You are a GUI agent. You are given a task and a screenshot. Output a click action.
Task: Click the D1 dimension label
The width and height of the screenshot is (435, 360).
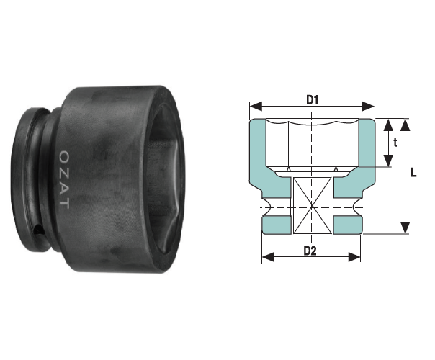point(312,100)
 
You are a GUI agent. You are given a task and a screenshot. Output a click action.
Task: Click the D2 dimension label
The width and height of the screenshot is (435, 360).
point(310,251)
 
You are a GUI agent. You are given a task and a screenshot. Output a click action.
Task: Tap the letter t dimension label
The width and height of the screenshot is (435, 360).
point(395,143)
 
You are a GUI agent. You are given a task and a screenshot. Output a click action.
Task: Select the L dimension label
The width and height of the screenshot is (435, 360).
point(413,173)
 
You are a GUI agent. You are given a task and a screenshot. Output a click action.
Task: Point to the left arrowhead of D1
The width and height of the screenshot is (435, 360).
point(256,106)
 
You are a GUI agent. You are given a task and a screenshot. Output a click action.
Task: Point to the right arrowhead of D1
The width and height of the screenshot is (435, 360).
point(369,106)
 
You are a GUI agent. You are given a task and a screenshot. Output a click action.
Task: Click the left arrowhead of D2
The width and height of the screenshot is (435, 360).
point(268,257)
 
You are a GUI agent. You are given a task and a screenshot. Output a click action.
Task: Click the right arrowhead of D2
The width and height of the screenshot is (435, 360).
point(354,257)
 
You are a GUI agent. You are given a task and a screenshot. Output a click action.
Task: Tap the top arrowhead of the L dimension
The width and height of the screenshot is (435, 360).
point(405,125)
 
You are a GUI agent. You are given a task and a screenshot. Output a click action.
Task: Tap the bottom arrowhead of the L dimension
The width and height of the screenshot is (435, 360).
point(405,228)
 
